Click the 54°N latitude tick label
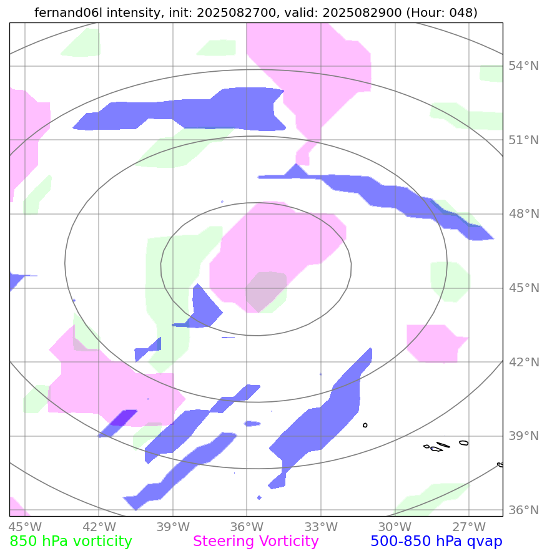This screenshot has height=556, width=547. [x=523, y=66]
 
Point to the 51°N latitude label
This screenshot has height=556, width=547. [x=523, y=140]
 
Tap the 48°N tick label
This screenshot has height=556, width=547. [x=523, y=214]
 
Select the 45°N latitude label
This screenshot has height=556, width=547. [x=523, y=288]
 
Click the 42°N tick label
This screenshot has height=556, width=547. [x=523, y=362]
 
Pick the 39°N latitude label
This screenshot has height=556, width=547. [x=523, y=436]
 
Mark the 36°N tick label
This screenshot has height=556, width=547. [x=523, y=510]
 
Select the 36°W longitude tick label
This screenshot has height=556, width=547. [x=247, y=526]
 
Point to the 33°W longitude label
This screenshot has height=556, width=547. [x=321, y=526]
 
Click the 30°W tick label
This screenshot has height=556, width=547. [x=395, y=526]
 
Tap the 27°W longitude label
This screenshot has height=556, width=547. [x=469, y=526]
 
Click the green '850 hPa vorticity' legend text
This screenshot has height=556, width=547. [x=71, y=542]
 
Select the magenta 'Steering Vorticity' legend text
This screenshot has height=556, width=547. [x=256, y=542]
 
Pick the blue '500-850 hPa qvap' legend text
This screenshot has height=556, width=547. [x=436, y=542]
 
